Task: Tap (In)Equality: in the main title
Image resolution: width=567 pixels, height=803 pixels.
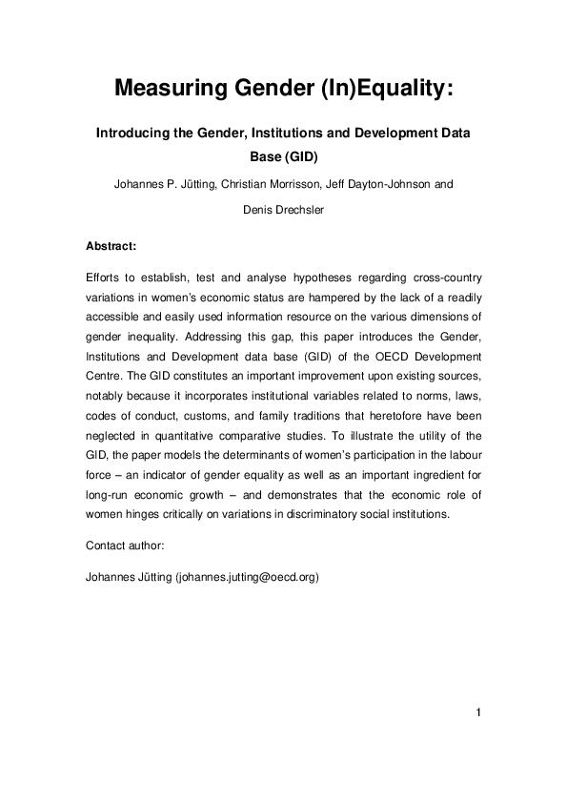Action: click(385, 90)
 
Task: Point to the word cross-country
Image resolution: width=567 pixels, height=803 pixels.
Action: click(448, 278)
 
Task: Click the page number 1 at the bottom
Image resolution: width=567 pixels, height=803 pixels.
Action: click(477, 712)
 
